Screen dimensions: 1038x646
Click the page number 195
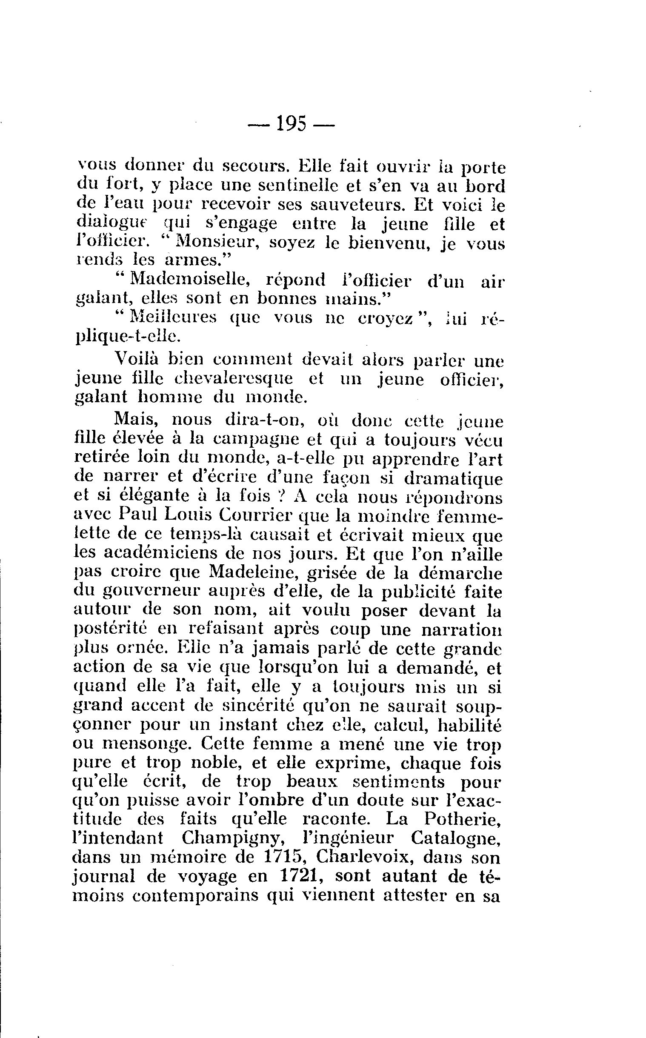click(292, 124)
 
